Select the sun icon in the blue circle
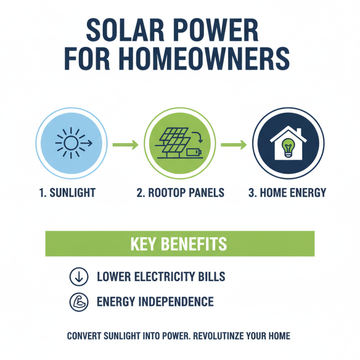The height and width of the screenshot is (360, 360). click(71, 144)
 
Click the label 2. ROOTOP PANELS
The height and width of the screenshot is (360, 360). click(180, 193)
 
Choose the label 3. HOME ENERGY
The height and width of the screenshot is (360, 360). click(287, 193)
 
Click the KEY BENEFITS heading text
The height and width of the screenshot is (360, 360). click(179, 244)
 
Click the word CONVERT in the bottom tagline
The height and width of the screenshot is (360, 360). click(84, 336)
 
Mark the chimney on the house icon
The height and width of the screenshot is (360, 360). click(299, 131)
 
